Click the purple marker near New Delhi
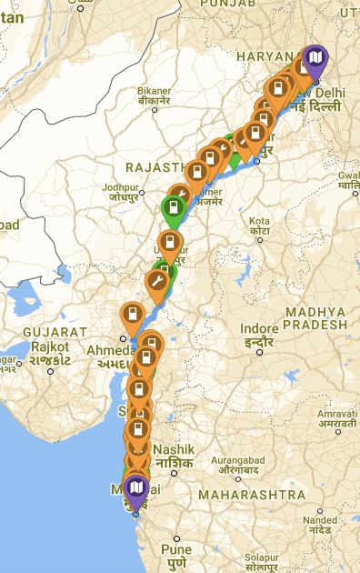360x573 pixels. (x=315, y=61)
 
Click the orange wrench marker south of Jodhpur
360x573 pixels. (x=157, y=285)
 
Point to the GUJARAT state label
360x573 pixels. (x=55, y=332)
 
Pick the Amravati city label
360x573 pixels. (x=337, y=418)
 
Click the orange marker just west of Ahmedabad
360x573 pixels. (x=132, y=315)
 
